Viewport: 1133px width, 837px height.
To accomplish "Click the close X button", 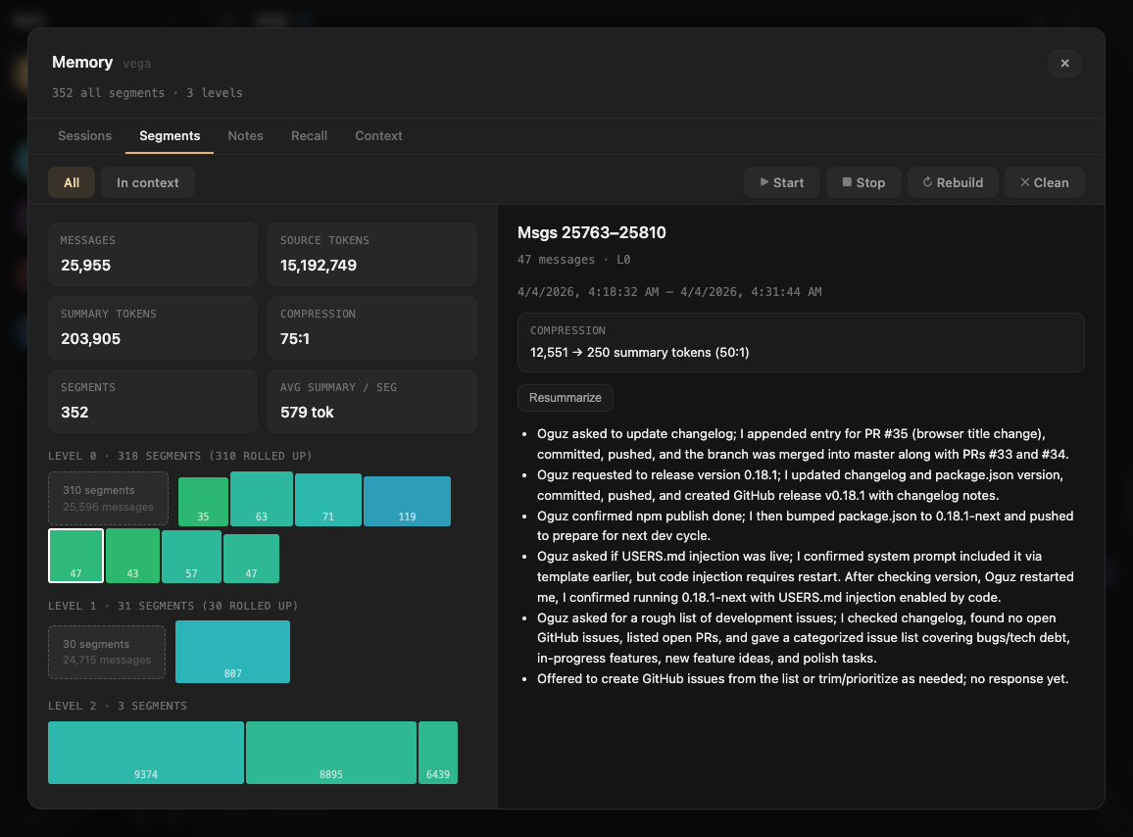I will coord(1064,64).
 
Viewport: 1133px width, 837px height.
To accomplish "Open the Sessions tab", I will coord(84,136).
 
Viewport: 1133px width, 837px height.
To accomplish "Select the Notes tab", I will coord(245,136).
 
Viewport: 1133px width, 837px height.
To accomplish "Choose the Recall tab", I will coord(309,136).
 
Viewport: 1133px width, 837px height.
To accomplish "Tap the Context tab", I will coord(378,136).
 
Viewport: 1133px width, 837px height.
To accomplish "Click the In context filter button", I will coord(148,182).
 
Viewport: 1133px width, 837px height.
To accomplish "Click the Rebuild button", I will coord(953,182).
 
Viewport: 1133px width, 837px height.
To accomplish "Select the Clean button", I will coord(1044,182).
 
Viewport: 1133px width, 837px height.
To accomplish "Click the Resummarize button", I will coord(566,398).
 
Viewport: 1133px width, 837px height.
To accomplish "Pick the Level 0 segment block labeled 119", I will coord(407,501).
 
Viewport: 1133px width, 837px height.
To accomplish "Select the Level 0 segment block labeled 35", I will coord(203,501).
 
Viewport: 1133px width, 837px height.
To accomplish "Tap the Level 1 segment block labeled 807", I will coord(232,652).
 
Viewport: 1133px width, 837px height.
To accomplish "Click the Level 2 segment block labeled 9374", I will coord(146,753).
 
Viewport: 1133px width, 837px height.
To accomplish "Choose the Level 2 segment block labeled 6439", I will coord(438,753).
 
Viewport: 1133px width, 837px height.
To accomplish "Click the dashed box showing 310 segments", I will coord(108,498).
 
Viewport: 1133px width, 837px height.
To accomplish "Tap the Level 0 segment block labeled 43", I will coord(132,556).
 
